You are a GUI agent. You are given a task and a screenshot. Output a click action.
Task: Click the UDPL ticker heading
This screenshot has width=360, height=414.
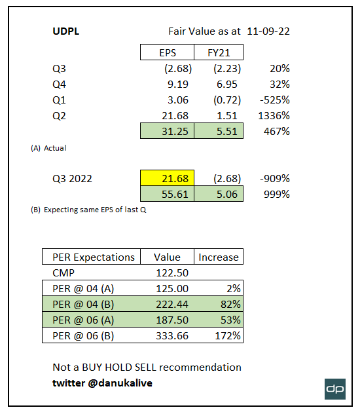67,31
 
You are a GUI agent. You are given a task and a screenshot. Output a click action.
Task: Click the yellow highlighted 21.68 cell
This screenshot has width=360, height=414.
167,179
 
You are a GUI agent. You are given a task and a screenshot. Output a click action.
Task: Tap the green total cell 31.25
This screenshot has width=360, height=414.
167,132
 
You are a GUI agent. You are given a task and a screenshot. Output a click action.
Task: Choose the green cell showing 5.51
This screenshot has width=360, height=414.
219,132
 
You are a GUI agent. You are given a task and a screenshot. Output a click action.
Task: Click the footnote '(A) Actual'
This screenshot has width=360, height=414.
49,148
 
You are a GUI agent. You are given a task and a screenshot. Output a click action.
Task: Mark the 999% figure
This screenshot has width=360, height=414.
277,195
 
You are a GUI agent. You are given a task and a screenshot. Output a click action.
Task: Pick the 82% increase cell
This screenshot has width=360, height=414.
219,304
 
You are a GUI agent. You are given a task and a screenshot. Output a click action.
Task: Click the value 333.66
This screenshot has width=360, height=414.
168,335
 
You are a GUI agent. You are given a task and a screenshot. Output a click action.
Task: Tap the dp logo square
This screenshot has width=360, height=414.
335,388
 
